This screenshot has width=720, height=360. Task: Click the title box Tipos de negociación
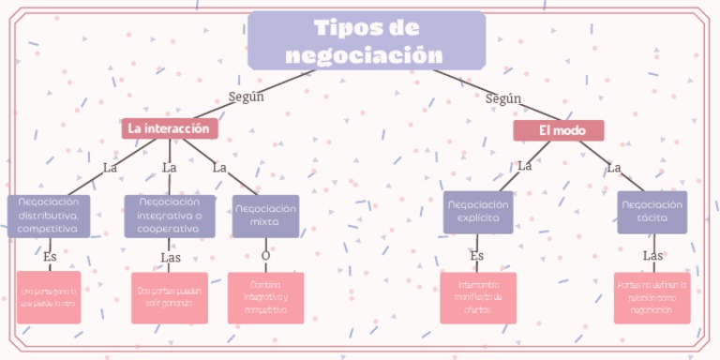click(x=367, y=41)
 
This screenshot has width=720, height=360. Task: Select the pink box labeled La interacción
click(x=169, y=127)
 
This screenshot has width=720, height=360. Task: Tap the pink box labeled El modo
click(x=559, y=130)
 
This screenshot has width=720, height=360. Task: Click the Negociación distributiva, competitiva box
click(x=49, y=216)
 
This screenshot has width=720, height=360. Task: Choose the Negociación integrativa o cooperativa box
click(x=170, y=216)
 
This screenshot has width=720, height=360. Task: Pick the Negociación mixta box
click(x=265, y=216)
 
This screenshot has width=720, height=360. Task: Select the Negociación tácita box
click(x=652, y=211)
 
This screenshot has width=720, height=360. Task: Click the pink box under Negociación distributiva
click(x=48, y=297)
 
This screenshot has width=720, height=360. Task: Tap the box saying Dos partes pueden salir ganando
click(x=170, y=297)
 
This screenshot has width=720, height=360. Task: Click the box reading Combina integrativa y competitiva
click(x=265, y=297)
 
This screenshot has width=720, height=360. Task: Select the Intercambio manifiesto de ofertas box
click(x=478, y=297)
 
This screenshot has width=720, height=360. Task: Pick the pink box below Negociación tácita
click(x=652, y=297)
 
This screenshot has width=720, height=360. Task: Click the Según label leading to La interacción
click(x=247, y=96)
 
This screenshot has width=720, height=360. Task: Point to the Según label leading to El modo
click(x=503, y=98)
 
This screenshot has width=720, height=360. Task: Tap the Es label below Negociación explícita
click(x=476, y=255)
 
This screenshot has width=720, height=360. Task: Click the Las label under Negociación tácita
click(x=652, y=255)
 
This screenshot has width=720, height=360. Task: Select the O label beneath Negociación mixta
click(x=265, y=255)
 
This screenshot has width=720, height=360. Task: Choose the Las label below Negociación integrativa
click(x=170, y=256)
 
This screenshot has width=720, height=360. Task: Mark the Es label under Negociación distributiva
click(x=50, y=255)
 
